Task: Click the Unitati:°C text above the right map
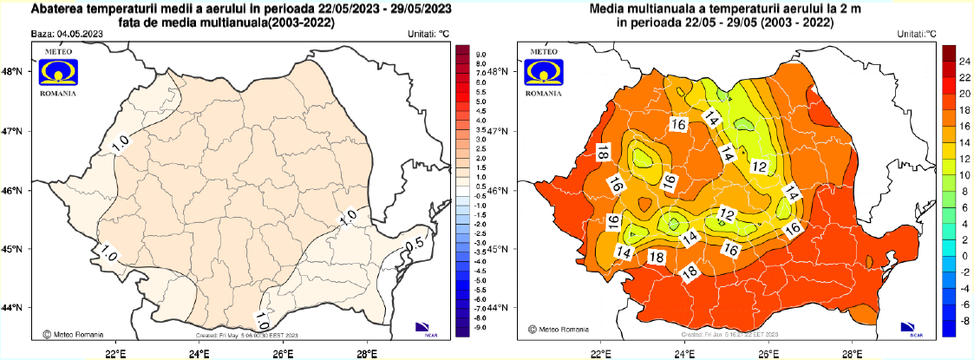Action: (918, 34)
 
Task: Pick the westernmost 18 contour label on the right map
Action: (602, 153)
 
